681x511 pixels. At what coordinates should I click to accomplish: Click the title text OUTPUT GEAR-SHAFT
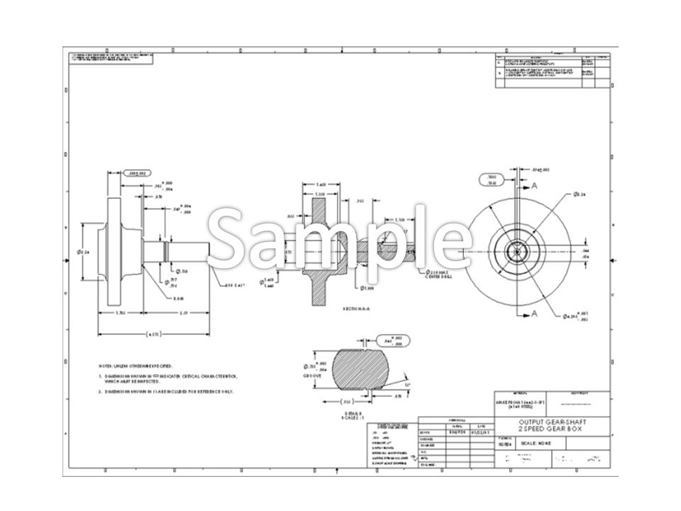click(552, 422)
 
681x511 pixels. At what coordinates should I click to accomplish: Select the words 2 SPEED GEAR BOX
click(552, 429)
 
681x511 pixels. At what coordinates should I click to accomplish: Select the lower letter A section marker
click(535, 313)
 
